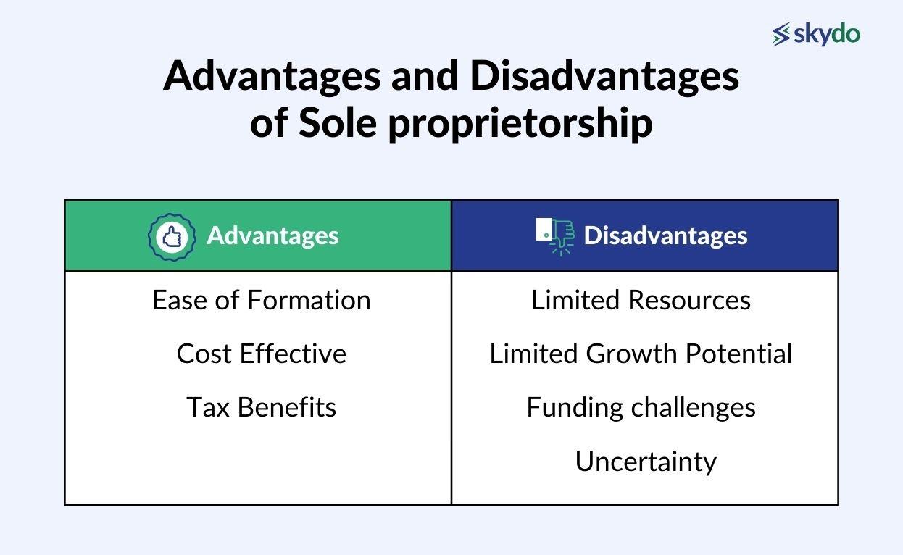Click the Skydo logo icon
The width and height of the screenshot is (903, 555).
pos(781,35)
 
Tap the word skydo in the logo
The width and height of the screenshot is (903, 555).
pos(826,34)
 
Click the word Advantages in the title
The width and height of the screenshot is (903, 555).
pos(272,76)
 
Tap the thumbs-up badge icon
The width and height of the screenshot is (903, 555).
pos(172,236)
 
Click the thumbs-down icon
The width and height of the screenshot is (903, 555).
pos(555,235)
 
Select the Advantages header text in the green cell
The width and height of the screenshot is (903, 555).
pos(272,235)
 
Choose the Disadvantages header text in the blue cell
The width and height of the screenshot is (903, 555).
pos(665,235)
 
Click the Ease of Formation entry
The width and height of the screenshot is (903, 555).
pos(261,300)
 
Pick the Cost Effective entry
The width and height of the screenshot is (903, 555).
pos(261,354)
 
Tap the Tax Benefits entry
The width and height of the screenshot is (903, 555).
pos(261,407)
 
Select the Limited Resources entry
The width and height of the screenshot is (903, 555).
pos(641,300)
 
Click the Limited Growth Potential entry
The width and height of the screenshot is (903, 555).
pos(641,354)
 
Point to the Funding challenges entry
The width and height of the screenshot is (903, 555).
pos(641,407)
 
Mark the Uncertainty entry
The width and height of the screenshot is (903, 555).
pos(645,462)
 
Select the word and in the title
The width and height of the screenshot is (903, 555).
pos(419,76)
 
